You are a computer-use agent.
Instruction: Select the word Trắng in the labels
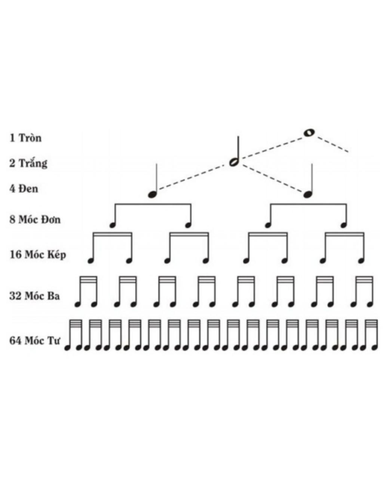[33, 163]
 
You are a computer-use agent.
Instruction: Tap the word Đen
[28, 188]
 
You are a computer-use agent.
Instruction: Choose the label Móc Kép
[45, 255]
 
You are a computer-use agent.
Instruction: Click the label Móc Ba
[42, 296]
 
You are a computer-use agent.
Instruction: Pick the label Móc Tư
[42, 341]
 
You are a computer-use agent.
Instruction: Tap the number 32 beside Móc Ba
[15, 296]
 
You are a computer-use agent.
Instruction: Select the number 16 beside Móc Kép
[15, 255]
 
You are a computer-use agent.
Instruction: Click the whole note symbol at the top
[309, 132]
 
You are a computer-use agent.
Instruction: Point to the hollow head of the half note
[233, 162]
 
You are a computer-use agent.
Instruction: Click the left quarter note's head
[152, 194]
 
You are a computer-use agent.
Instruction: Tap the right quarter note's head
[307, 194]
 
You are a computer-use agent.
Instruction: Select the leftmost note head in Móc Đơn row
[112, 225]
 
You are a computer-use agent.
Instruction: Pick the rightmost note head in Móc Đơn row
[343, 225]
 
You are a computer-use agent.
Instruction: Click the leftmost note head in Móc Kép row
[90, 260]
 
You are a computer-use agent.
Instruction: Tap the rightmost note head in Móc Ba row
[370, 304]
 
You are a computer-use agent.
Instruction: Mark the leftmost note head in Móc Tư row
[67, 348]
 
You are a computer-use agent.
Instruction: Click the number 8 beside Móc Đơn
[12, 219]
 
